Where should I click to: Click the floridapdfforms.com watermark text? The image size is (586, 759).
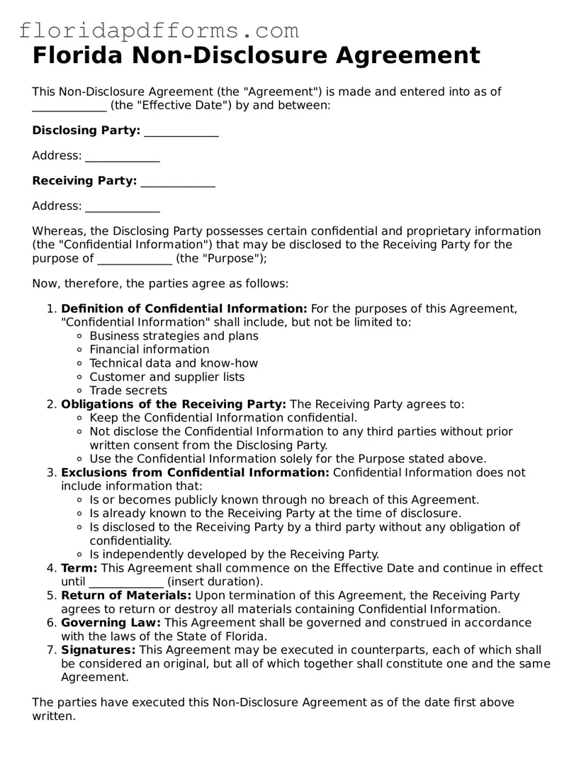(x=159, y=31)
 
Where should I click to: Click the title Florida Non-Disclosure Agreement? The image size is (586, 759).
(x=256, y=55)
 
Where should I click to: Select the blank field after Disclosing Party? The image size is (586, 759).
(x=181, y=132)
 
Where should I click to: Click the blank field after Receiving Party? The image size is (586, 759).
(x=178, y=182)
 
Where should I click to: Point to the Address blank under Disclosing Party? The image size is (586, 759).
(x=122, y=157)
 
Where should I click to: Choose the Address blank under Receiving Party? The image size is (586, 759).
(x=122, y=208)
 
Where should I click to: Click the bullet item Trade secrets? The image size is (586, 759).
(x=128, y=390)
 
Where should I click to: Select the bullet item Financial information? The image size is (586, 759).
(x=150, y=349)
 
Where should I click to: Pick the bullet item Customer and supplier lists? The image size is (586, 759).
(x=167, y=377)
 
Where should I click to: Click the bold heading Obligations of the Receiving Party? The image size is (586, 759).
(x=174, y=404)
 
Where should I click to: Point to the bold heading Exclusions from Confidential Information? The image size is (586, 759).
(x=195, y=472)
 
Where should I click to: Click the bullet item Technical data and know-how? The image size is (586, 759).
(x=174, y=363)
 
